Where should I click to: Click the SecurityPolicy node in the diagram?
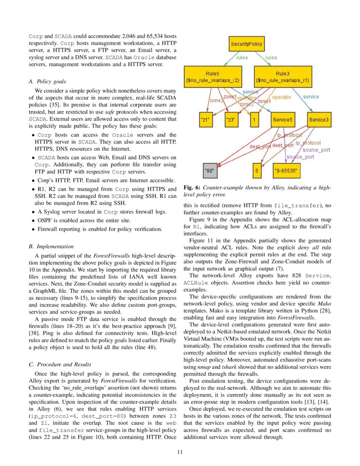click(246, 44)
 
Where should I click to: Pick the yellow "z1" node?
click(205, 120)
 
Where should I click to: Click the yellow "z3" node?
click(231, 120)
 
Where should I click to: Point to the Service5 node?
click(283, 120)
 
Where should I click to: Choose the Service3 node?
click(318, 120)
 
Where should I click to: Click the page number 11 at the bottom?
click(180, 452)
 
